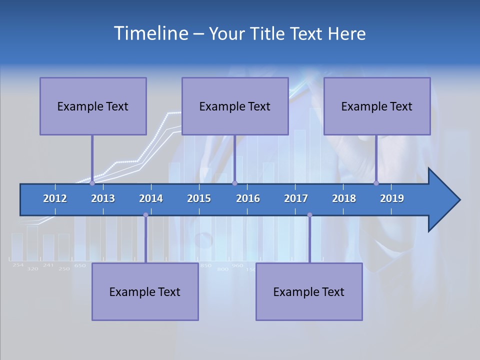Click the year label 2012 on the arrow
click(x=55, y=198)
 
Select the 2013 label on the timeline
click(x=103, y=198)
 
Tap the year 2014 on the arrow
click(x=151, y=198)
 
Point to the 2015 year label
click(x=199, y=198)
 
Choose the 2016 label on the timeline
click(x=248, y=198)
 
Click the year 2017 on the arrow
click(x=296, y=198)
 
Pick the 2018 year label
click(x=344, y=198)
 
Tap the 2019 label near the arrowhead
click(x=392, y=198)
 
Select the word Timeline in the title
click(x=150, y=33)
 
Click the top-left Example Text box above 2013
click(x=93, y=106)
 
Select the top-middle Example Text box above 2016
click(x=235, y=106)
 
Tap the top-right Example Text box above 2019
click(x=377, y=106)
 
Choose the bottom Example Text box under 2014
click(x=145, y=291)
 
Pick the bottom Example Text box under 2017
click(x=309, y=291)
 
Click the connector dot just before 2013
click(x=92, y=183)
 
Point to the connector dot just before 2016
click(x=234, y=183)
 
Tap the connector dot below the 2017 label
click(x=309, y=215)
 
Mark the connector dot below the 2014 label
click(x=145, y=215)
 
